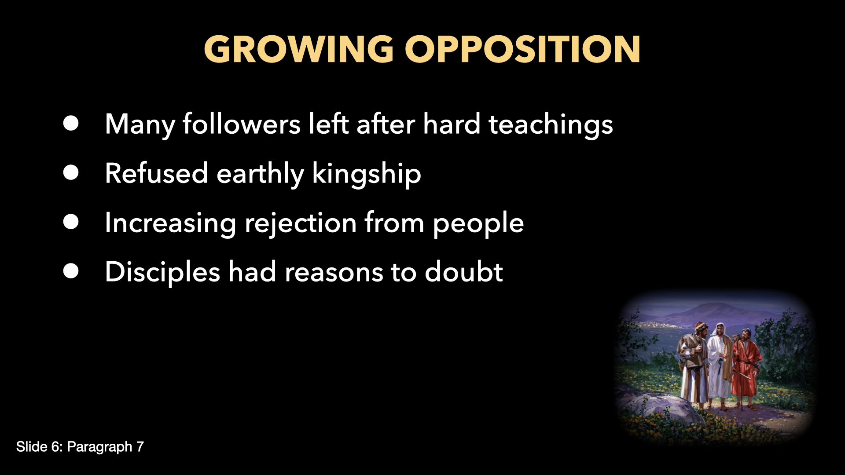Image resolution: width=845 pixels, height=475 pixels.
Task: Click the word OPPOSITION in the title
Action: [522, 49]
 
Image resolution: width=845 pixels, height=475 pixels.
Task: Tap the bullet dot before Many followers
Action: [71, 124]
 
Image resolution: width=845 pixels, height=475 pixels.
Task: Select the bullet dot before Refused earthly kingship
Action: [71, 173]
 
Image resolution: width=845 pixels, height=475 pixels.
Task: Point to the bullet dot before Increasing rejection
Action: [71, 222]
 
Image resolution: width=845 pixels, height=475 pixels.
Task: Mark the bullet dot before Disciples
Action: [71, 271]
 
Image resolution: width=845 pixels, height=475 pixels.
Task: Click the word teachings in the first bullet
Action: [551, 124]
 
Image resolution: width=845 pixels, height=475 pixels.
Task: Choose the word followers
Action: [242, 124]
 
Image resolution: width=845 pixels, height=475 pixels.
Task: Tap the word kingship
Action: [366, 174]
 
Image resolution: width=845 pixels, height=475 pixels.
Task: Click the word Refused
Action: [156, 174]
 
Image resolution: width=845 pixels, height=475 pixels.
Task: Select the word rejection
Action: [300, 223]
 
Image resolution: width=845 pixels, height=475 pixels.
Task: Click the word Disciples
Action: [162, 272]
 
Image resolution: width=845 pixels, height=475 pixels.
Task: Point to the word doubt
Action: [463, 272]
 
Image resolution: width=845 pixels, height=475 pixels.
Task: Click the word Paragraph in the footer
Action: [99, 447]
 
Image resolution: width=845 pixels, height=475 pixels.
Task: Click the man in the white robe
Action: [719, 363]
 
